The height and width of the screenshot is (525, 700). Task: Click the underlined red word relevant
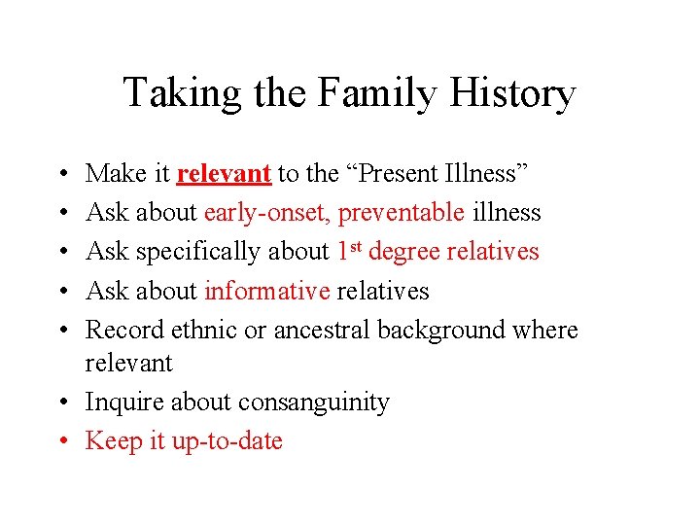pos(224,174)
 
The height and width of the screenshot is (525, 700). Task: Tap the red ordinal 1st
pos(349,251)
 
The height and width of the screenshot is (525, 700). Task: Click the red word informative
pos(267,291)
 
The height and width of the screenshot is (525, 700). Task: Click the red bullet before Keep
pos(63,441)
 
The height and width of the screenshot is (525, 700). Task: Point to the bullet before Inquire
pos(63,402)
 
